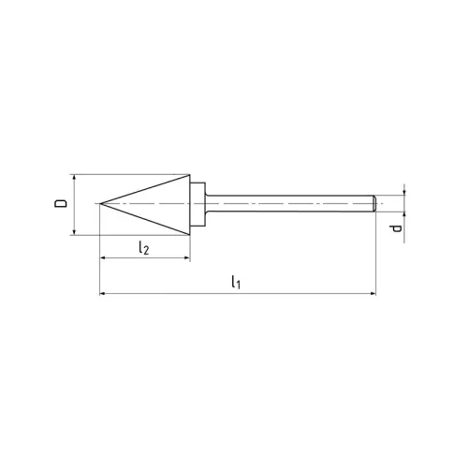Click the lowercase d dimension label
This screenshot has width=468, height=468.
397,227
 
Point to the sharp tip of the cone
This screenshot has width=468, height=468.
99,203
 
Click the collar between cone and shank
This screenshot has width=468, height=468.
199,203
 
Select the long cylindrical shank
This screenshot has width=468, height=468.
290,203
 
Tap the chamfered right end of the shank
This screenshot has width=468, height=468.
373,203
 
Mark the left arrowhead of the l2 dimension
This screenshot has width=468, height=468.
102,258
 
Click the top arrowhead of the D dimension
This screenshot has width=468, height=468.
74,177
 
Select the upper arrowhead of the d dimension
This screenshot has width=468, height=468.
404,192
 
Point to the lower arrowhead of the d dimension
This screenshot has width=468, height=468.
404,215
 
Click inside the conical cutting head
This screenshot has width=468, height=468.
164,203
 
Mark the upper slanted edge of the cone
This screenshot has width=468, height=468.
145,188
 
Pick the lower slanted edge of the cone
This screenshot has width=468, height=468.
145,218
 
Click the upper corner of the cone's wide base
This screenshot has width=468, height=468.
192,174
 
